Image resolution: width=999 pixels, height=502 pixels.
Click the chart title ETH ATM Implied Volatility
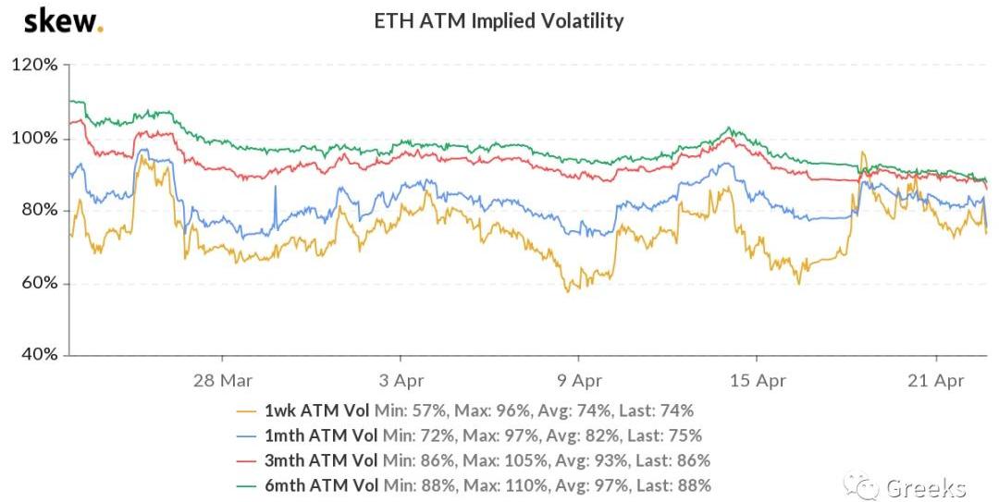coord(498,20)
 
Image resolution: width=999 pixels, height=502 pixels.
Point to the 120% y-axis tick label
coord(34,66)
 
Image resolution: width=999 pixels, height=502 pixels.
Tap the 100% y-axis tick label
coord(34,139)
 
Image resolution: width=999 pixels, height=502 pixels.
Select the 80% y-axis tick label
coord(38,211)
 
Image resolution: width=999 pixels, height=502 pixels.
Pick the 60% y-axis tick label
coord(38,283)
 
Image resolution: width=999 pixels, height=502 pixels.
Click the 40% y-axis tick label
coord(38,355)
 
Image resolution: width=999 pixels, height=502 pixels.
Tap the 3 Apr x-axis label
coord(400,380)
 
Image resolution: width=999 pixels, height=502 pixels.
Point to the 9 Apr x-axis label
coord(578,380)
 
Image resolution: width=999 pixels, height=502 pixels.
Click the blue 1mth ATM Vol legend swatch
coord(246,435)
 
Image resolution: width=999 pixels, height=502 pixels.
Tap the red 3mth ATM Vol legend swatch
coord(246,460)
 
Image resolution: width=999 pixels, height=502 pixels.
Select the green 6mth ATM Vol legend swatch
coord(246,485)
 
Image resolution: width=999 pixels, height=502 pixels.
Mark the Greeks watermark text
coord(926,487)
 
